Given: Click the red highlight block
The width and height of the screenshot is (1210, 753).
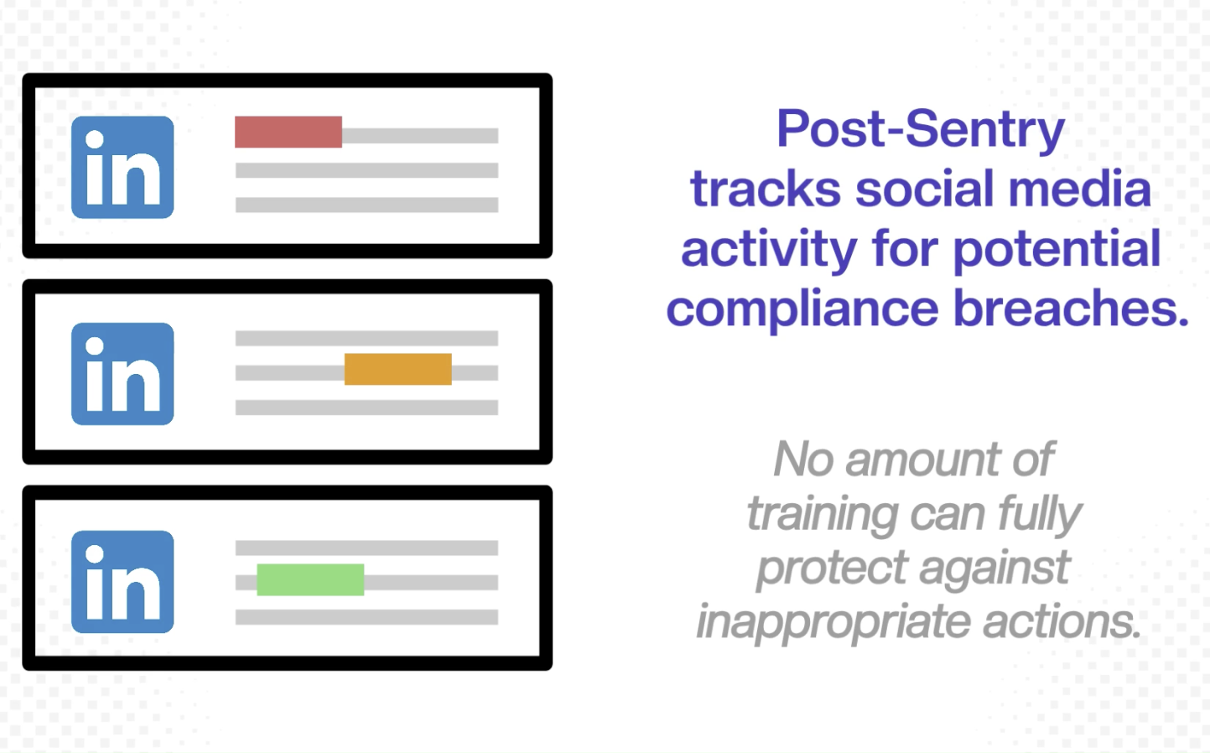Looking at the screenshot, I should pos(288,132).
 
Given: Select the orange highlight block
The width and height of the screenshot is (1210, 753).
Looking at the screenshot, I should pos(397,369).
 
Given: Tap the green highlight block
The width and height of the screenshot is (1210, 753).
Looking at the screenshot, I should pos(310,579).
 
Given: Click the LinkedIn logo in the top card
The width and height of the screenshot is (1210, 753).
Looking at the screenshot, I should pos(122,167).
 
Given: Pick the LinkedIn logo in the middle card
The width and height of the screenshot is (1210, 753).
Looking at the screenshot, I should pos(122,373).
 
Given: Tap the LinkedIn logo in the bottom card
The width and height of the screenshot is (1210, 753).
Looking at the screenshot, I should pos(122,581).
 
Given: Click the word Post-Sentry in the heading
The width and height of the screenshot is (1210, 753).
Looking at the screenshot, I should pos(920,129).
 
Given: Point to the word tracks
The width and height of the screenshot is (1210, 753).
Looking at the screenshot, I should pos(765,190).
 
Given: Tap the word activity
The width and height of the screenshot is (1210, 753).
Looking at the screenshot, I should pos(768,250).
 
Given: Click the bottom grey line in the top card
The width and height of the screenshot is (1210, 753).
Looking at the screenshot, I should pos(366,205).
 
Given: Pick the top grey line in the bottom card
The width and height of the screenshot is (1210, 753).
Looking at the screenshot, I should pos(366,548).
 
